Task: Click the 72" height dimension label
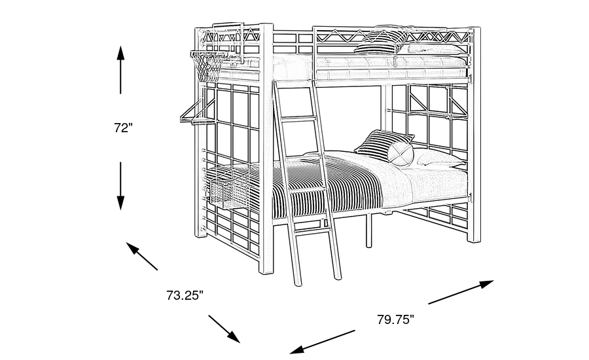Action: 123,128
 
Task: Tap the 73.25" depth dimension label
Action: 185,295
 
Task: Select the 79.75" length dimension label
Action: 395,319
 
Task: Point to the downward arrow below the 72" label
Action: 121,186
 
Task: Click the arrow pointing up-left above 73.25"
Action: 142,256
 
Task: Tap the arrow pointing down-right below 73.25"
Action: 224,329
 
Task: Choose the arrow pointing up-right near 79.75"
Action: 461,292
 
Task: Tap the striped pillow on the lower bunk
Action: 380,144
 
